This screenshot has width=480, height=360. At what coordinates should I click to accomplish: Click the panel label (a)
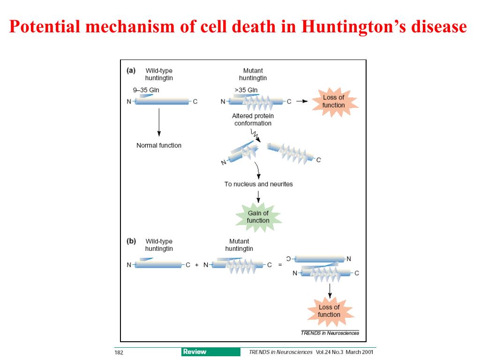point(131,71)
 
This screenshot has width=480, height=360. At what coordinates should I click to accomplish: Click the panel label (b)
point(131,241)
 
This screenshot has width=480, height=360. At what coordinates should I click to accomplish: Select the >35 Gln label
point(246,90)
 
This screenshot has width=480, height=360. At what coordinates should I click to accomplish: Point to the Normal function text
point(159,145)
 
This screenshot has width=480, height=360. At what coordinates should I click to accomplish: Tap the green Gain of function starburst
point(258,217)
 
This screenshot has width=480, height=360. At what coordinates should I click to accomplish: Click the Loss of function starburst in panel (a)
point(333,101)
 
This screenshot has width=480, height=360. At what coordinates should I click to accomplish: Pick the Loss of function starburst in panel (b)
point(329,311)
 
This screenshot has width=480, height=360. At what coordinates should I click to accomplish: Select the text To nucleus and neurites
point(258,184)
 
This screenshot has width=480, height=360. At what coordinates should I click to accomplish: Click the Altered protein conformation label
point(253,120)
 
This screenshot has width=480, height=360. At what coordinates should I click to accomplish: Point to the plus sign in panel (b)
point(197,265)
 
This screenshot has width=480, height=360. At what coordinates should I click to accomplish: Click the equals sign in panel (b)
point(280,265)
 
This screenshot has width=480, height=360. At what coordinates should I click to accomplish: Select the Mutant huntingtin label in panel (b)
point(239,245)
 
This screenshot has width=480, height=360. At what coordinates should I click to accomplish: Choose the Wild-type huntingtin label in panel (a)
point(159,75)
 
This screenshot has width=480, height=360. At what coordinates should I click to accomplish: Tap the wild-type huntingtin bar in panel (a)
point(162,101)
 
